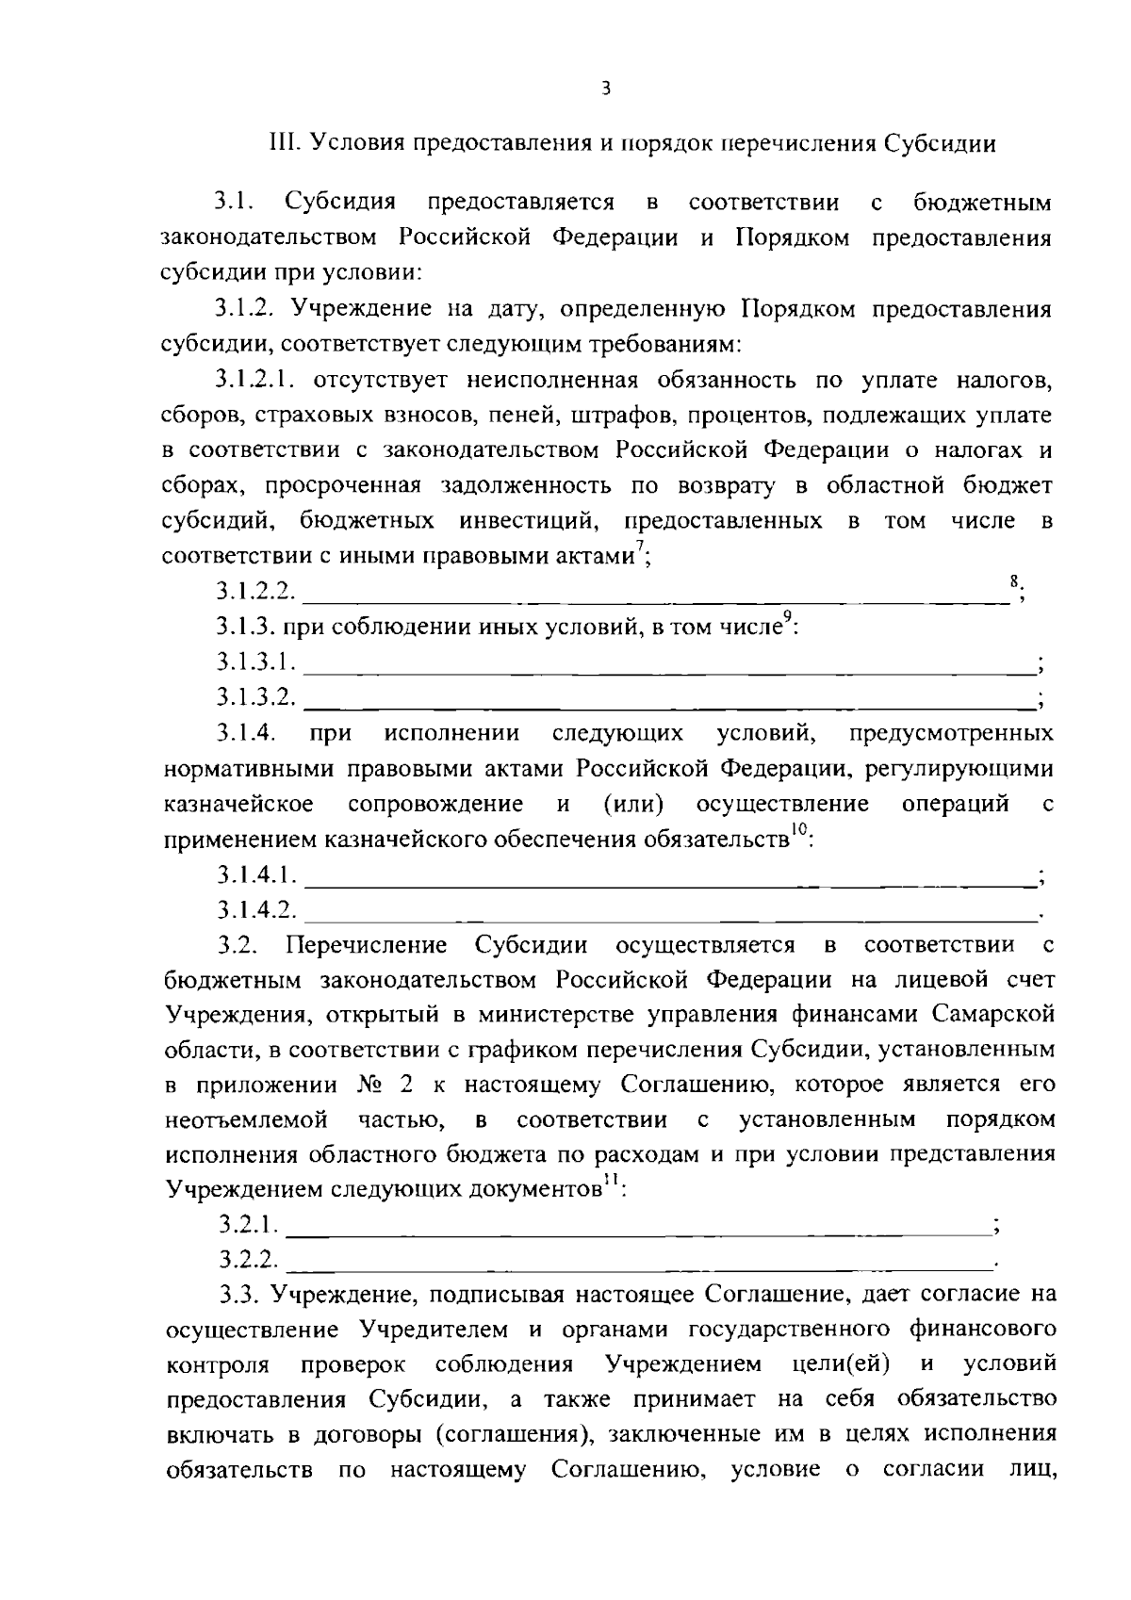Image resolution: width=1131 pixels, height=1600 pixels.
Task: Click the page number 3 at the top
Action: pyautogui.click(x=606, y=89)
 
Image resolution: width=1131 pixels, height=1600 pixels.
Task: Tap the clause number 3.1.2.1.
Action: pyautogui.click(x=253, y=380)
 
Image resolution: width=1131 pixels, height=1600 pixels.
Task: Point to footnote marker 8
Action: pyautogui.click(x=1014, y=583)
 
